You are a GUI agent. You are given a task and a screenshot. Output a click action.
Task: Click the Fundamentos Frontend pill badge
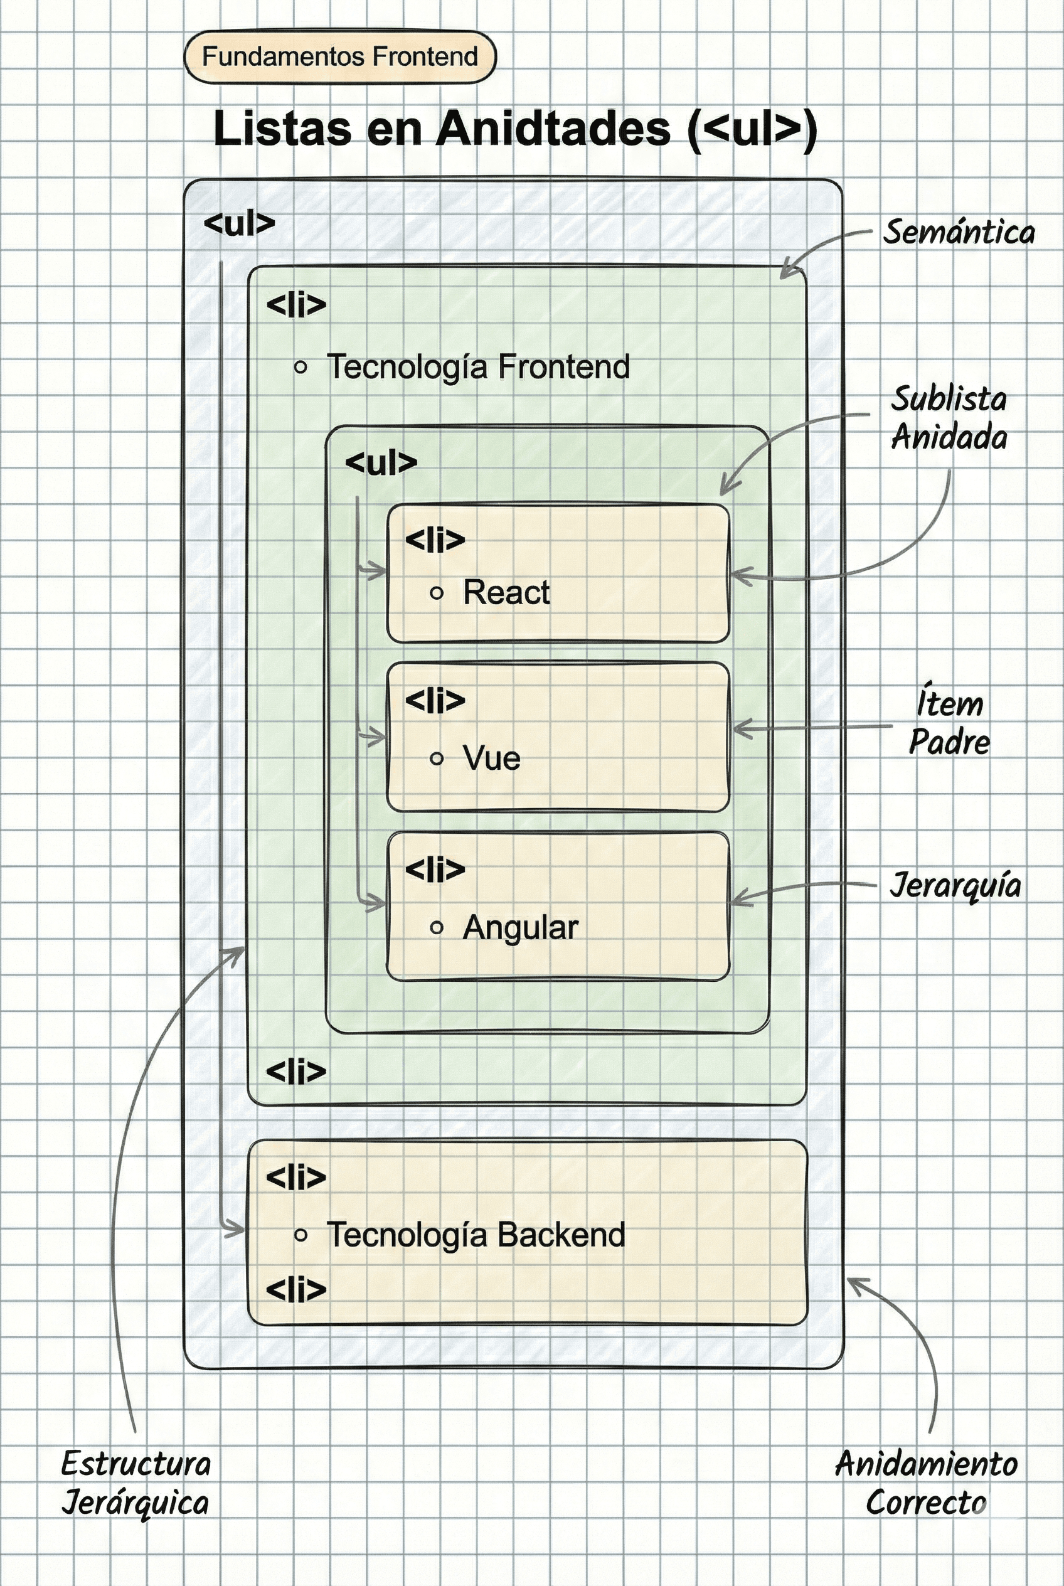point(340,57)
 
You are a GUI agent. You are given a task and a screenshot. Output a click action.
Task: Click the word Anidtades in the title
point(552,128)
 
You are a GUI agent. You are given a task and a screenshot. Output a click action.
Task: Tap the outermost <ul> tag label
point(239,223)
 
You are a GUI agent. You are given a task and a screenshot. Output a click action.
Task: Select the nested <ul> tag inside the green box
point(381,462)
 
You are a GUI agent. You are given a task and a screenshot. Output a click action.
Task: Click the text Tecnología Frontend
point(479,367)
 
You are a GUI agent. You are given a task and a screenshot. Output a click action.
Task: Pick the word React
point(506,592)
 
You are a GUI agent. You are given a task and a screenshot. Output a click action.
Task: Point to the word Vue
point(491,758)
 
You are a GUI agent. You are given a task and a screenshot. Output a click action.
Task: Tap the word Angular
point(521,927)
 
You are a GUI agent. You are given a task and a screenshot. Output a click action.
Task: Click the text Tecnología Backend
point(476,1235)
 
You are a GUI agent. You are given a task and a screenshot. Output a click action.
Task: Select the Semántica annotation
point(958,233)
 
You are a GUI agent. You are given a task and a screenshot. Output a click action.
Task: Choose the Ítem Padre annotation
point(949,723)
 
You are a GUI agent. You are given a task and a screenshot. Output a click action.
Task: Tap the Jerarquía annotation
point(955,885)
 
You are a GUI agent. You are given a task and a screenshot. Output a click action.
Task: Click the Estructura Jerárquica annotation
point(136,1483)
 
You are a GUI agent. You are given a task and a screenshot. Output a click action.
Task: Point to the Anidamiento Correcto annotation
point(925,1483)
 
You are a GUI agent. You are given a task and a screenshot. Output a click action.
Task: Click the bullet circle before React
point(437,593)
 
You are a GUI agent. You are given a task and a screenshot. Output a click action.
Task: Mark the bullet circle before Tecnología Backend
point(301,1235)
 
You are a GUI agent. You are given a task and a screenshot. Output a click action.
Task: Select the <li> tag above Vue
point(435,700)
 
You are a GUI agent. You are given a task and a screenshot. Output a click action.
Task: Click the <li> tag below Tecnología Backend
point(296,1289)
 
